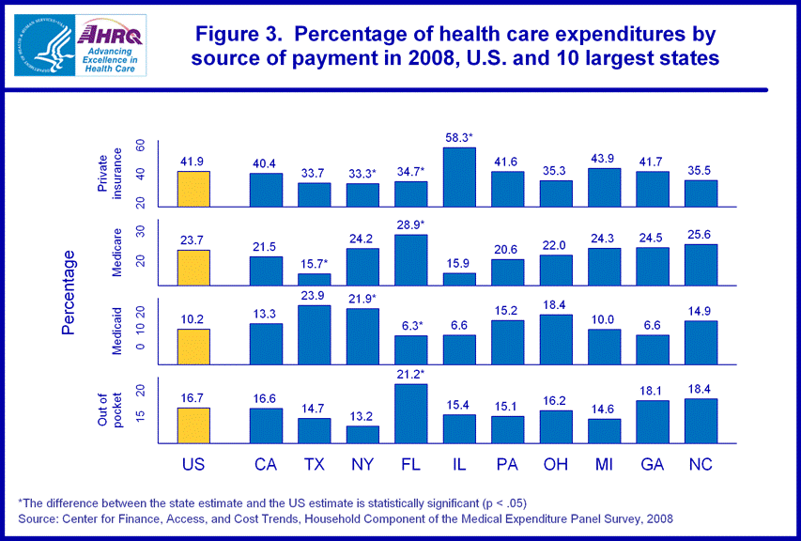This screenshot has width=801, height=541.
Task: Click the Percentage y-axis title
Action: coord(69,292)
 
